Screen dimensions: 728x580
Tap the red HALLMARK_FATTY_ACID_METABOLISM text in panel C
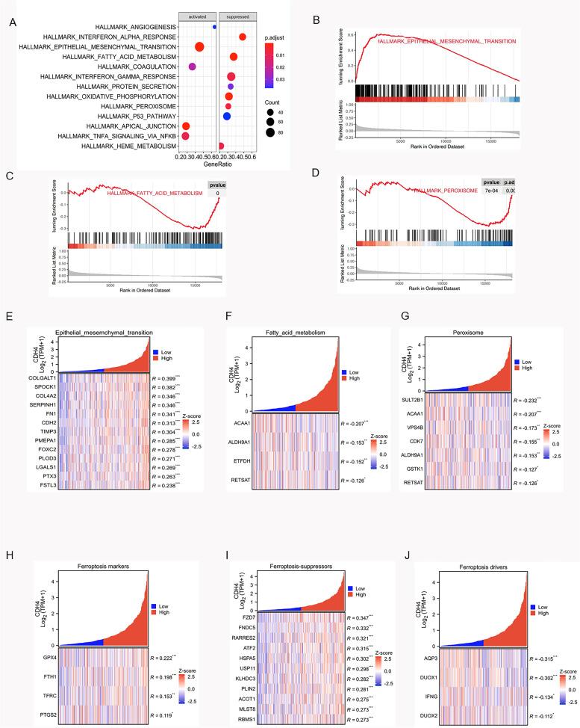point(155,193)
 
